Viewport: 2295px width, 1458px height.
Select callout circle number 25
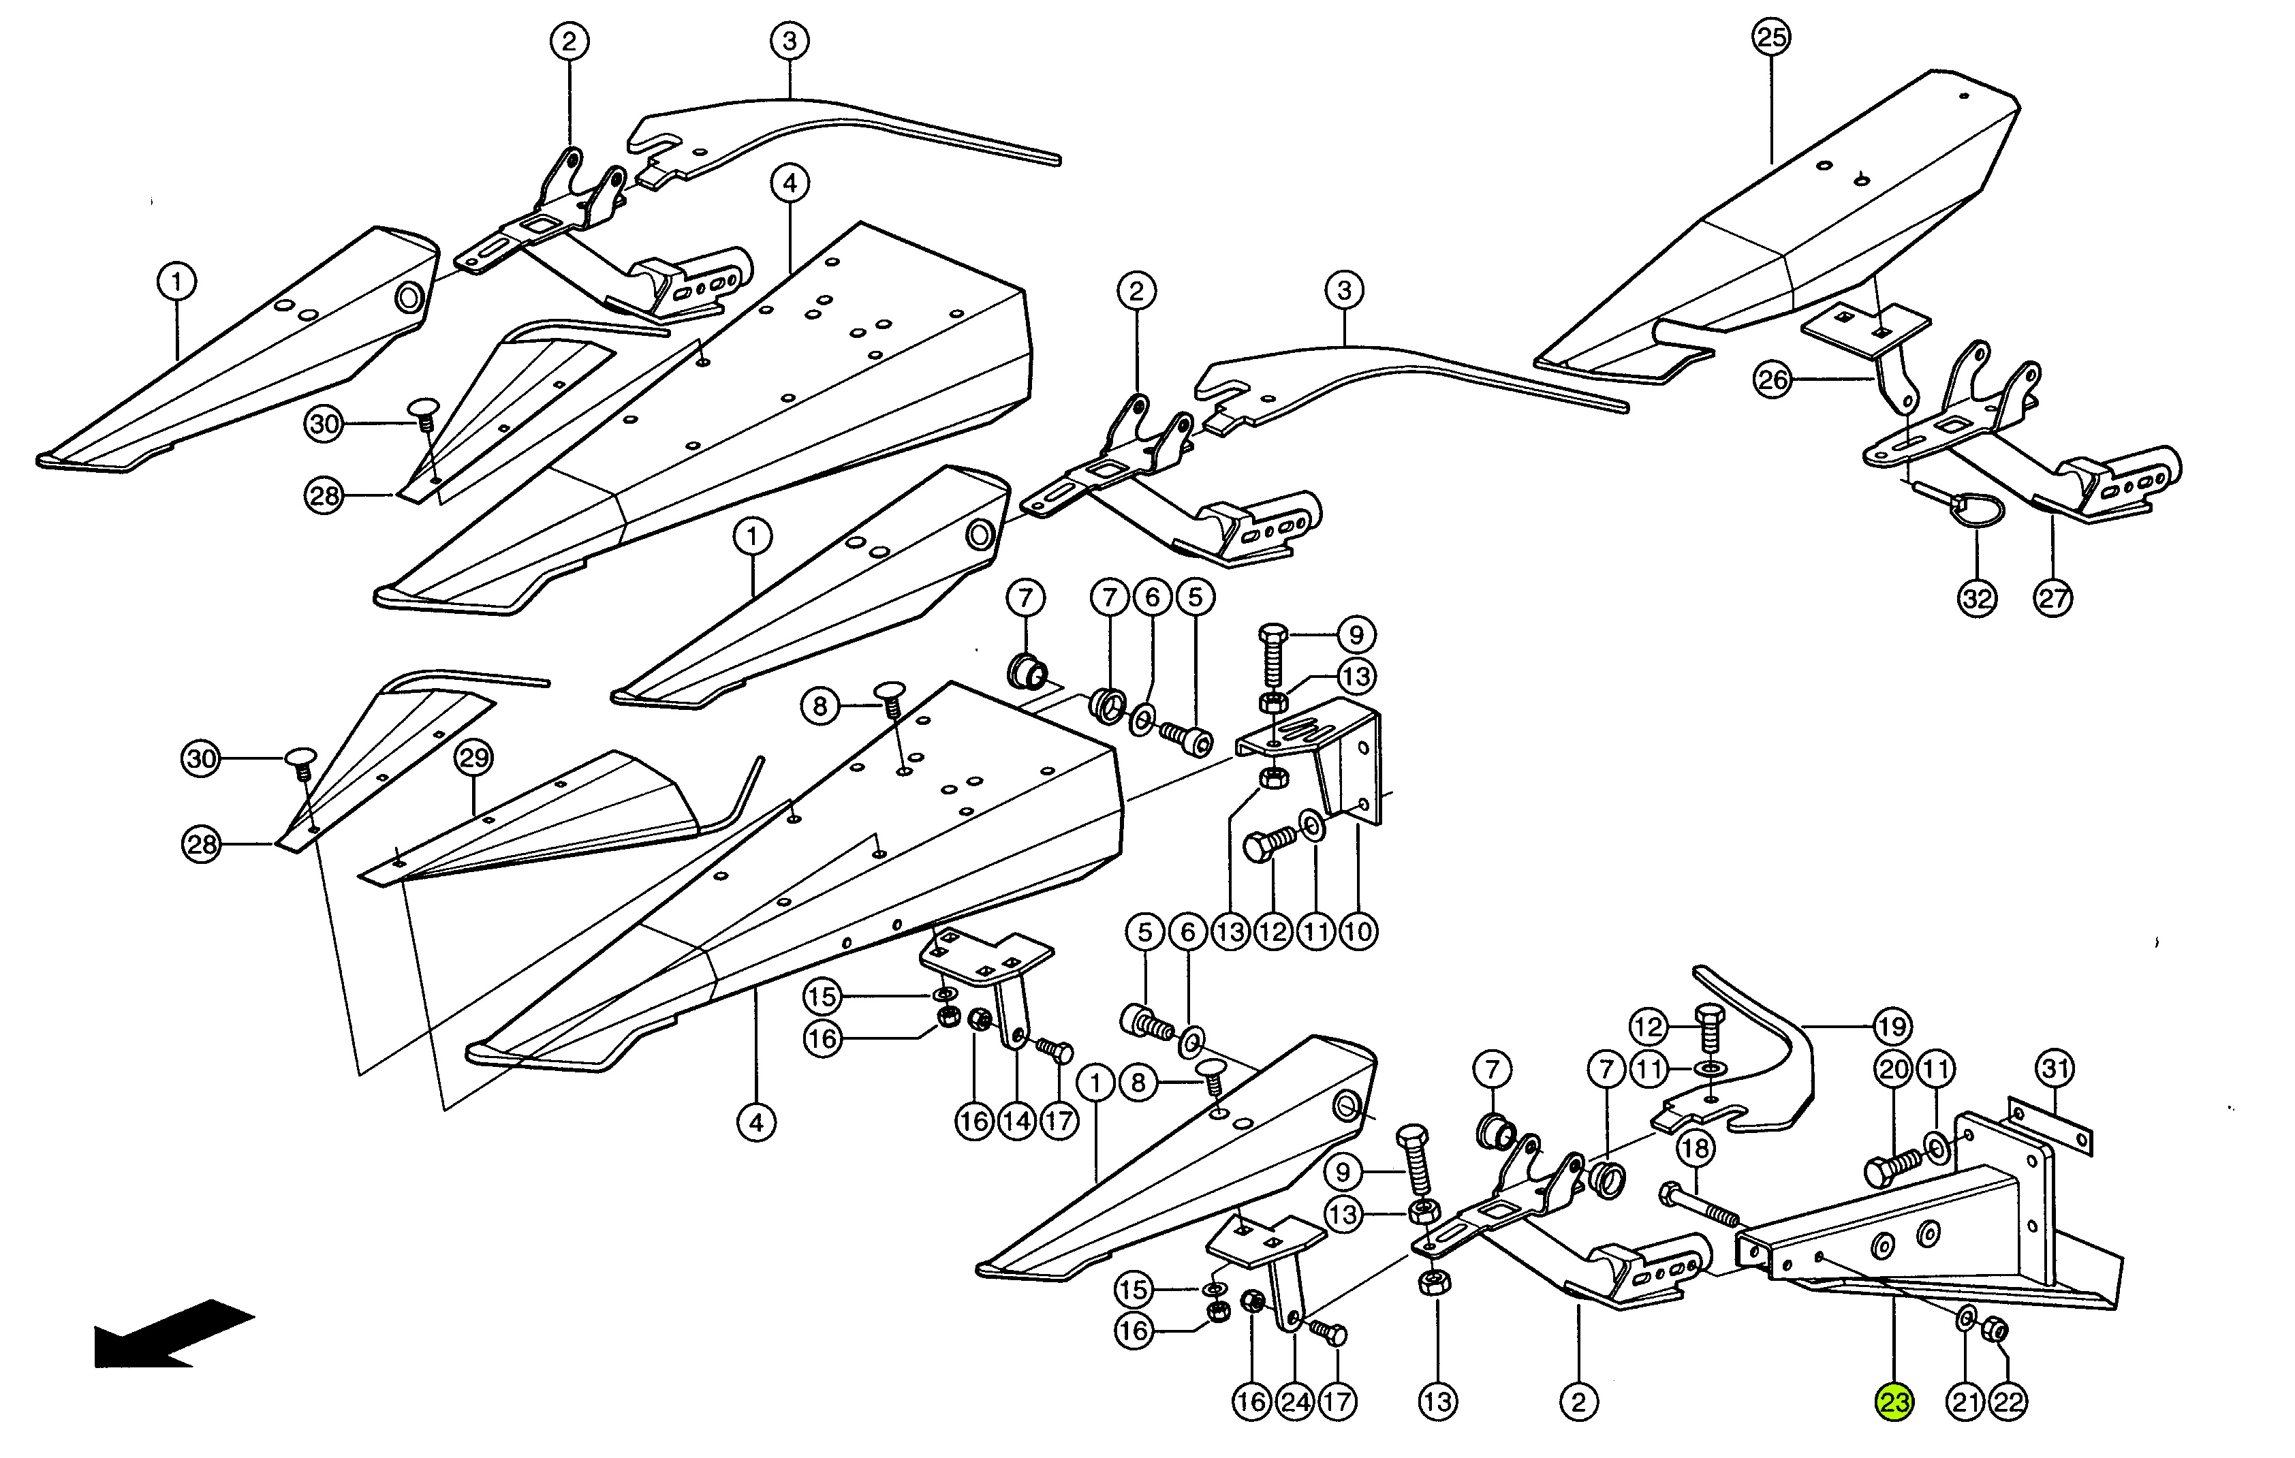(x=1771, y=38)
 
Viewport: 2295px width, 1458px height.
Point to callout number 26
(x=1772, y=380)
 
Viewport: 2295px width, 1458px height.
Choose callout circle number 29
(x=473, y=758)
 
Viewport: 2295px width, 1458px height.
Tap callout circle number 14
(x=1017, y=1121)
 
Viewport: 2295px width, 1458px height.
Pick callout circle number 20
(x=1893, y=1069)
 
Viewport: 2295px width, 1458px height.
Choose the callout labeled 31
(x=2055, y=1068)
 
